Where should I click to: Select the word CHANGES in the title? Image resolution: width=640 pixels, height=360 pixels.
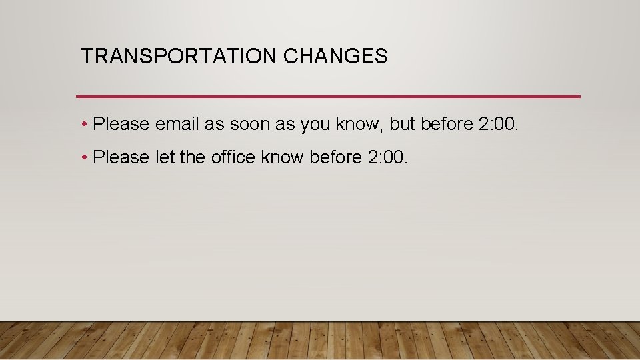[x=335, y=57]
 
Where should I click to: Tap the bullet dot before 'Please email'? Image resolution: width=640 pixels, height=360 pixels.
[x=86, y=125]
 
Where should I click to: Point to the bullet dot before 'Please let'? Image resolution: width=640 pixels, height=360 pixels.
[x=86, y=158]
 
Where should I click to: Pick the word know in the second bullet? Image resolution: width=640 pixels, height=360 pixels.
[x=283, y=157]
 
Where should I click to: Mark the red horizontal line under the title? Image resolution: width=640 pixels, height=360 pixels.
[x=328, y=97]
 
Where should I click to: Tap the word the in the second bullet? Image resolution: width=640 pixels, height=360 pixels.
[x=193, y=157]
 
